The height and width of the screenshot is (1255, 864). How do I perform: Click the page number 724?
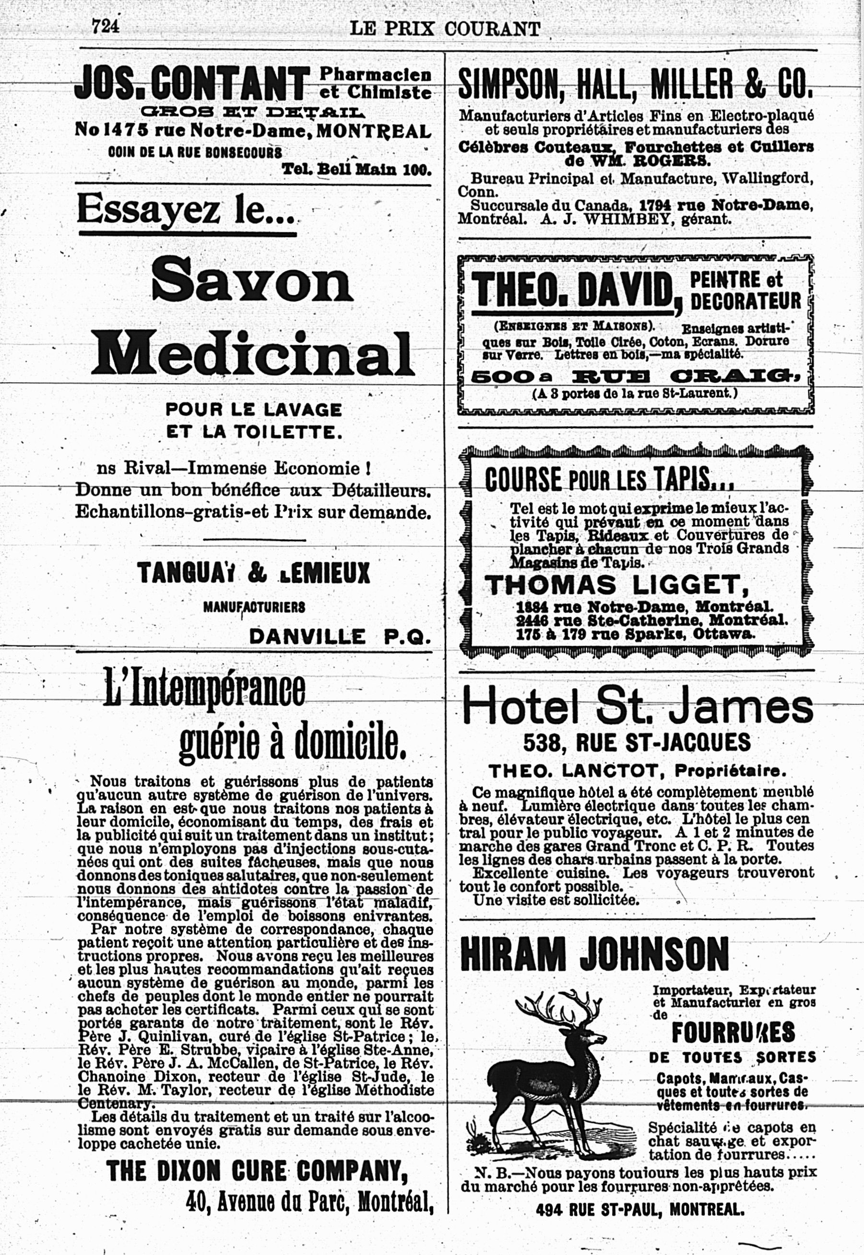click(x=105, y=25)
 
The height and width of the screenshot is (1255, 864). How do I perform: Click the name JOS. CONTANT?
click(x=192, y=82)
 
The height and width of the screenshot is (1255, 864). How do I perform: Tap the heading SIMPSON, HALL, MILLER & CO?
click(x=635, y=83)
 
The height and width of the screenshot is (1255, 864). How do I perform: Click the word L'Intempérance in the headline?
click(x=204, y=688)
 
